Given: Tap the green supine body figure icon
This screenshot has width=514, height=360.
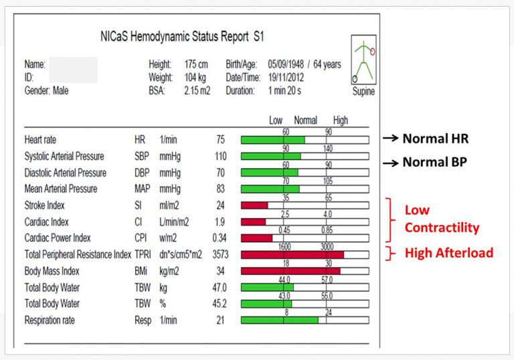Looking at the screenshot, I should click(x=363, y=60).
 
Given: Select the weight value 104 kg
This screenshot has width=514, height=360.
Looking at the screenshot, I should click(x=197, y=78).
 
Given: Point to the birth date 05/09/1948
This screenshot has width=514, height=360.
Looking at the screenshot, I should click(x=290, y=65).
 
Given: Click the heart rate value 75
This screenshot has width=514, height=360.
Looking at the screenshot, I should click(x=220, y=140).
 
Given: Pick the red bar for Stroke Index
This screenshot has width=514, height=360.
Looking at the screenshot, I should click(x=254, y=205).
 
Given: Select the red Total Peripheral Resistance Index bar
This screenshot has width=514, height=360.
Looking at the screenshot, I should click(x=292, y=254).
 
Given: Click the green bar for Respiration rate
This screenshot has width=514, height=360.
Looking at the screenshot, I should click(x=280, y=320).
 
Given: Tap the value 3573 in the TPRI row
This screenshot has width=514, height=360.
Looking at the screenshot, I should click(x=220, y=254).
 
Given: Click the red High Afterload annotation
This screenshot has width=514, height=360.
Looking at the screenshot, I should click(x=448, y=252).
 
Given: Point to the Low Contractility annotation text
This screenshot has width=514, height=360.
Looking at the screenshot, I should click(x=442, y=219).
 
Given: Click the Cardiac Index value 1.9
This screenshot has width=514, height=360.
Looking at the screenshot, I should click(x=220, y=222).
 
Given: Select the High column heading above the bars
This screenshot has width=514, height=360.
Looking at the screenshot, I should click(x=341, y=120).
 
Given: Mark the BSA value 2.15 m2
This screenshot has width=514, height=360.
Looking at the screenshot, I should click(x=197, y=90).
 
